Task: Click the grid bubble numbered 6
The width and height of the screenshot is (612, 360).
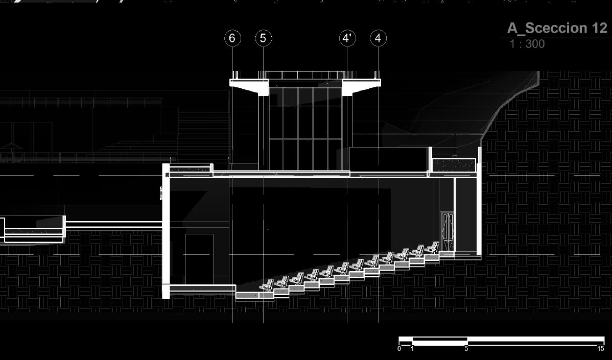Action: click(x=232, y=38)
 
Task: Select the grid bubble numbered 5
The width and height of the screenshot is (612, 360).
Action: click(x=263, y=38)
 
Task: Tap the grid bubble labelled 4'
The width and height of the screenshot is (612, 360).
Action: click(x=347, y=38)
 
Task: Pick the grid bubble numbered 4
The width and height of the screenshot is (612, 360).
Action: click(x=378, y=38)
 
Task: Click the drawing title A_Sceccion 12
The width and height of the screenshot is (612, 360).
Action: click(x=557, y=28)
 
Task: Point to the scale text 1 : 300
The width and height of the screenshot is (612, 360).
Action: click(x=527, y=44)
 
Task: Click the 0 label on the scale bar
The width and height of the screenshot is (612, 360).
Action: click(x=399, y=349)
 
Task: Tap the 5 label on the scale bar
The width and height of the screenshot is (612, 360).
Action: click(x=466, y=349)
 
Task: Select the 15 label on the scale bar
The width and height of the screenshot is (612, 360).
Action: click(x=601, y=349)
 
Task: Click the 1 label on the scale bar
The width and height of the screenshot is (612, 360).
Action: click(x=412, y=349)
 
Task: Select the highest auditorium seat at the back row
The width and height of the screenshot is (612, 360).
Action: click(x=433, y=248)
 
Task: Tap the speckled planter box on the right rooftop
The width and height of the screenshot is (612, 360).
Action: click(x=454, y=165)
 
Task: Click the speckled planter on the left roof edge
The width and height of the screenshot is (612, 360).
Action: click(x=190, y=169)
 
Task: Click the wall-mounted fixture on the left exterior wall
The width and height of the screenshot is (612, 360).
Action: click(x=161, y=193)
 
